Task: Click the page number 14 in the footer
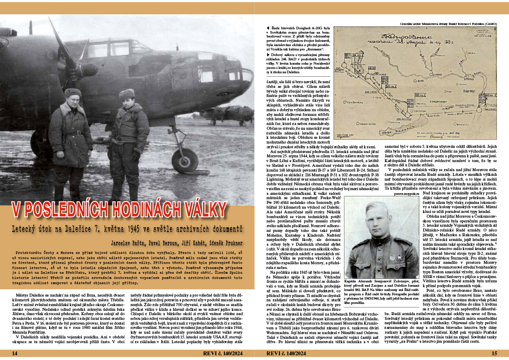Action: (x=15, y=354)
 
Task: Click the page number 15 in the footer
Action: (x=494, y=354)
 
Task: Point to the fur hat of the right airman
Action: (x=127, y=94)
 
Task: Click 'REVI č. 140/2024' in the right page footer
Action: (x=287, y=354)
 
